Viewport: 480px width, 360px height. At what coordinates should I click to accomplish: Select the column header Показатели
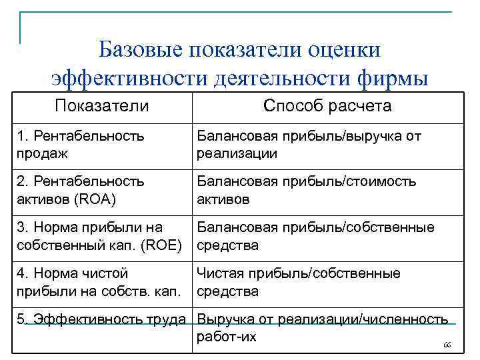[102, 106]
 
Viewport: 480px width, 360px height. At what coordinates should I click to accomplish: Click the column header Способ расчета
[327, 106]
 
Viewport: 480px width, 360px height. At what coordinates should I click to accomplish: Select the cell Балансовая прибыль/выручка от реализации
[309, 145]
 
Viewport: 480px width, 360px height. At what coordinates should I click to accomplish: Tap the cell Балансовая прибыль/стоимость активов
[306, 190]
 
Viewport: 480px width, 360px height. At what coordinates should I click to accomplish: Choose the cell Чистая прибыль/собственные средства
[298, 282]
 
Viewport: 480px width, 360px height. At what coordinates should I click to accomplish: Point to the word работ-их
[227, 337]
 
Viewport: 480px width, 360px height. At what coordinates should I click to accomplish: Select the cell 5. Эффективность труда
[101, 319]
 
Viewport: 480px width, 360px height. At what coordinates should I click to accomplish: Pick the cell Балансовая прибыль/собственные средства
[315, 236]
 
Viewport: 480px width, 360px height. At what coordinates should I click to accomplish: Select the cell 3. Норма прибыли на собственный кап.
[99, 236]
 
